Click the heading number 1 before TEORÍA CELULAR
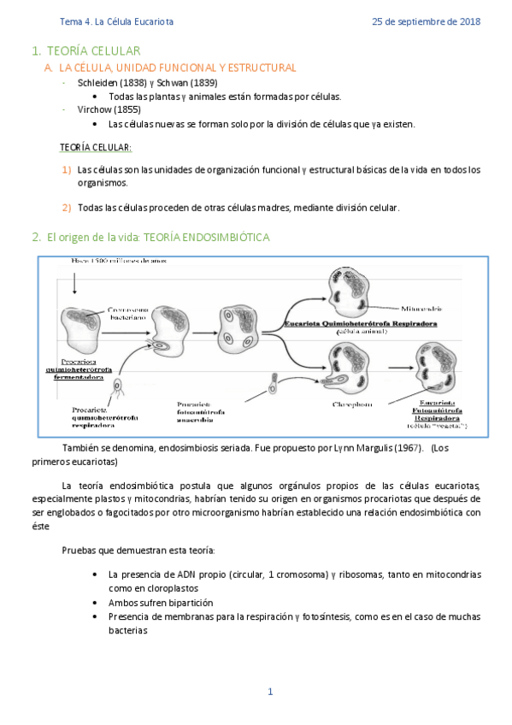point(35,52)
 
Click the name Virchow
point(97,109)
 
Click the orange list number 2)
point(67,208)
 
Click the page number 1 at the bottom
point(270,692)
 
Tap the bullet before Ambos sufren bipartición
point(93,603)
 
